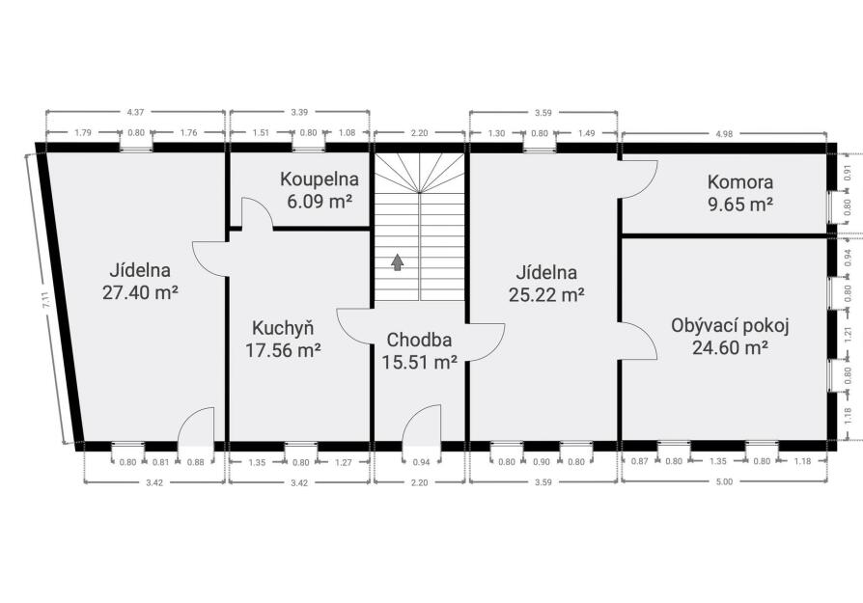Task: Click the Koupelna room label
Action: [320, 178]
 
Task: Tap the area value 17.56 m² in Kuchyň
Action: [284, 350]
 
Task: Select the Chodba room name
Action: [419, 340]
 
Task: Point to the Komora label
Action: [740, 181]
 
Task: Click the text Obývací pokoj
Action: [730, 326]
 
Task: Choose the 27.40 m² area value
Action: [140, 292]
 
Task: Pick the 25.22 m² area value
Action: [546, 295]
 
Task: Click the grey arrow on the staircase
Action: [397, 262]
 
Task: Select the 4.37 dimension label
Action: [135, 112]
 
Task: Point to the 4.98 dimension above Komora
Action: [724, 133]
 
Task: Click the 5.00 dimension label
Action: [724, 482]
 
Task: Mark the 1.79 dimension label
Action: [83, 132]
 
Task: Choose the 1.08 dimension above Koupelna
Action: [347, 132]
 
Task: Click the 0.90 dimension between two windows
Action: [542, 462]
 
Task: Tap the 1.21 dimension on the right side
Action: [849, 332]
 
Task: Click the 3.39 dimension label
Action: [299, 112]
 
